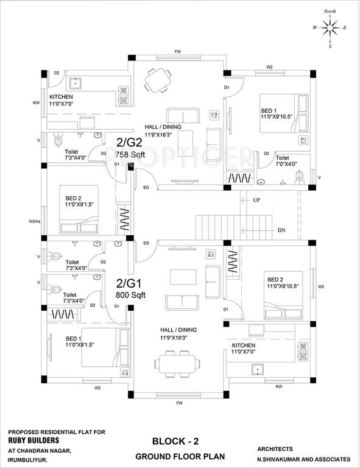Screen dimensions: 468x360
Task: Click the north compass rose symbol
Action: pos(330,27)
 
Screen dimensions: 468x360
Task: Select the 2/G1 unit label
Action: pos(130,283)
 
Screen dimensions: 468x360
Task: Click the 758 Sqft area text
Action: pos(129,155)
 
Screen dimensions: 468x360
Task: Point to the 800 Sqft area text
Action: pos(130,295)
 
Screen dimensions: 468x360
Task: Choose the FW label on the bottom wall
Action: pos(179,403)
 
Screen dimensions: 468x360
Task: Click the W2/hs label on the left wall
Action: pos(34,221)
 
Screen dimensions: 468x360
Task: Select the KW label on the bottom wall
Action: pos(278,386)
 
